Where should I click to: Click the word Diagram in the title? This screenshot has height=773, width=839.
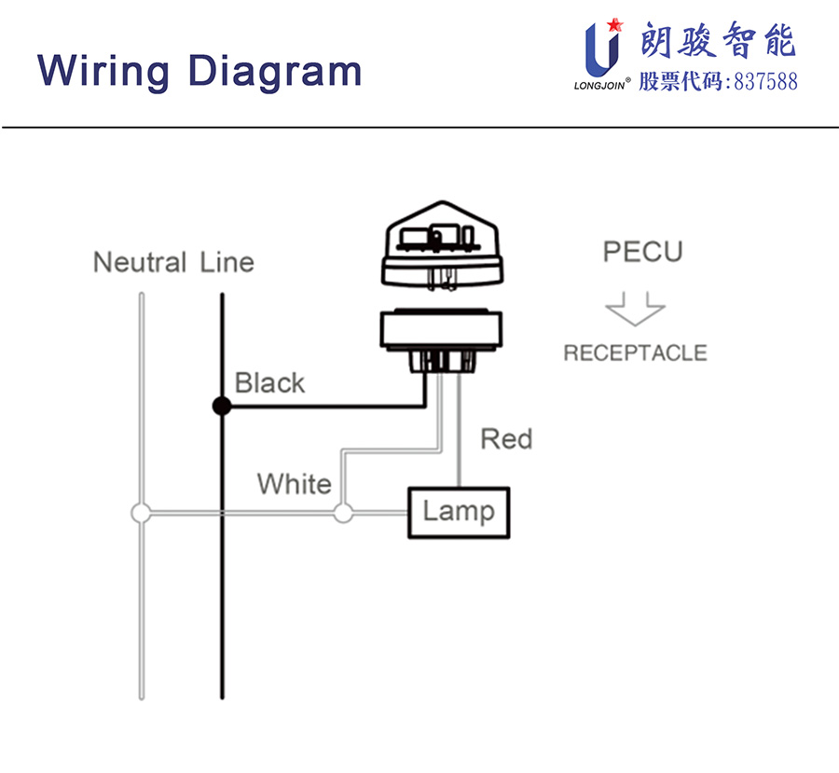(274, 70)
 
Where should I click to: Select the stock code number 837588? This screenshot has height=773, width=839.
(766, 81)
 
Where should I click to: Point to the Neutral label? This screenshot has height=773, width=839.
(139, 262)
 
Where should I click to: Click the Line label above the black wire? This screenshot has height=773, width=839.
(227, 262)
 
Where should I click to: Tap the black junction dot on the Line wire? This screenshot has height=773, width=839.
(221, 406)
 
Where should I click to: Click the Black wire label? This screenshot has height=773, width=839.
(269, 382)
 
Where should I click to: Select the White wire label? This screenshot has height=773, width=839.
(294, 484)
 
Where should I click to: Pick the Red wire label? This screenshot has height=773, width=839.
(506, 438)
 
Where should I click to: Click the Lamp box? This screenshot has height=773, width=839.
(458, 512)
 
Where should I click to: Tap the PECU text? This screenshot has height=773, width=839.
(642, 252)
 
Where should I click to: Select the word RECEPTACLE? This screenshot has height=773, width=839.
(635, 353)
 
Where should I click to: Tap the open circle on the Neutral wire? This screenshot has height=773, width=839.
(141, 512)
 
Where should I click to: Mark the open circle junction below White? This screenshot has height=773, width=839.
(343, 512)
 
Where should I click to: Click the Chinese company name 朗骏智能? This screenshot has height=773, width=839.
(718, 42)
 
